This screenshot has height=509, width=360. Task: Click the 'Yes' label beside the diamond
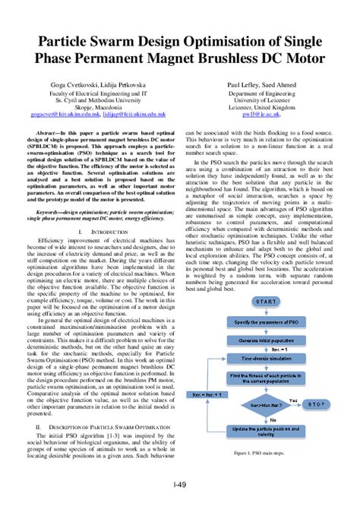293,399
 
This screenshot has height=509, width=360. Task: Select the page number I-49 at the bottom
180,484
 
